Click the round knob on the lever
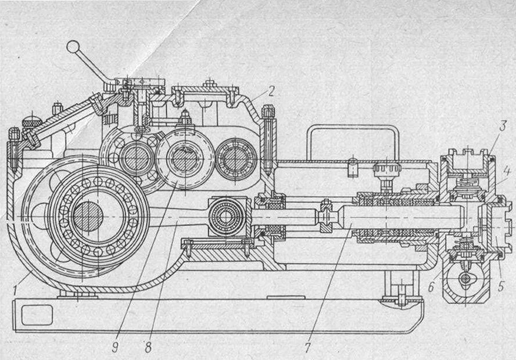(x=73, y=46)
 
